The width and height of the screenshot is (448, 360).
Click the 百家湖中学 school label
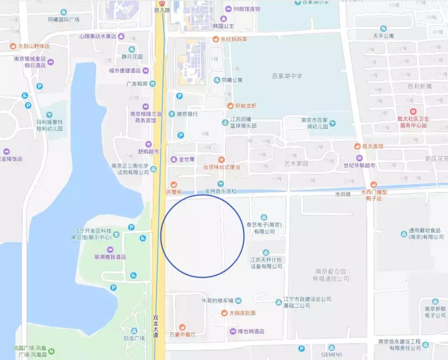point(287,76)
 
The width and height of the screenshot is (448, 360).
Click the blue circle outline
point(244,235)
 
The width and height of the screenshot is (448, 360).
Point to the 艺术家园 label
point(297,164)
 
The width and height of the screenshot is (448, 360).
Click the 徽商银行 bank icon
point(171,114)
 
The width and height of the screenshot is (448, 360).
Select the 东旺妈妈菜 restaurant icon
point(215,39)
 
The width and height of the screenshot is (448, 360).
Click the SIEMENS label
point(332,355)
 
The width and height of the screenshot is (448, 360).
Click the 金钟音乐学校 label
point(220,191)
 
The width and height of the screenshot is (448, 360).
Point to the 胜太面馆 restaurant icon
point(357,146)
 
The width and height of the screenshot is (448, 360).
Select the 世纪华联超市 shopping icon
point(359,158)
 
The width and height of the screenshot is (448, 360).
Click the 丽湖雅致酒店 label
point(110,257)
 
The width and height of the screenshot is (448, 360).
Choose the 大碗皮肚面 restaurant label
point(243,313)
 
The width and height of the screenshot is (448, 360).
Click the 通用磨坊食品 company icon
point(404,234)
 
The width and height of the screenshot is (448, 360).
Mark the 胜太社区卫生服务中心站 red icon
point(413,112)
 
